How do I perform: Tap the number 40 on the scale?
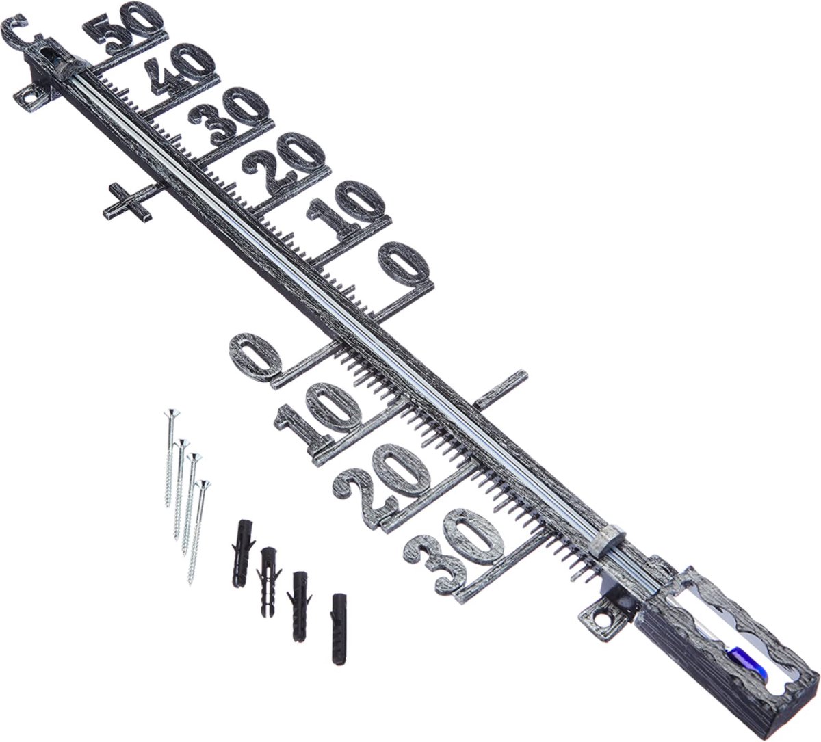tap(180, 73)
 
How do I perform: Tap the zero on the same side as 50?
tap(403, 265)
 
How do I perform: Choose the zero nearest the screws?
tap(256, 355)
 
